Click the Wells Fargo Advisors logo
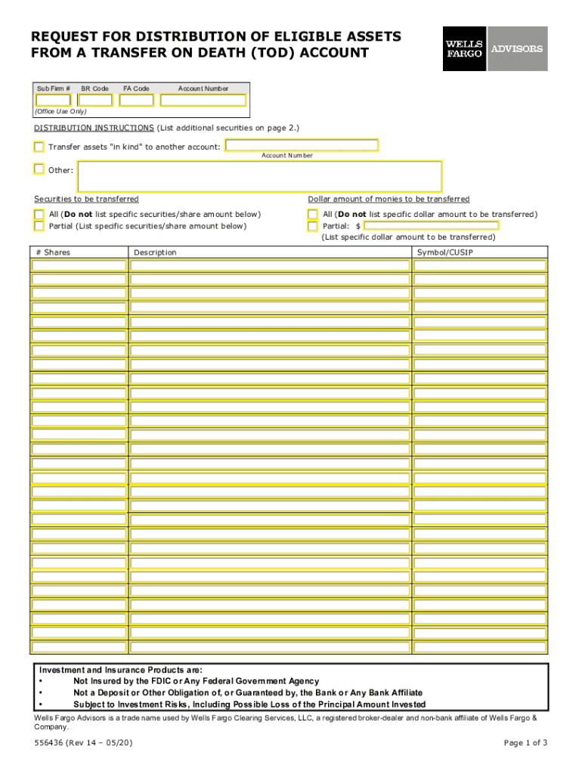click(x=494, y=48)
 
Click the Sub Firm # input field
click(x=53, y=100)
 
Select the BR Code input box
click(x=95, y=100)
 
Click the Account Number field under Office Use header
click(x=203, y=100)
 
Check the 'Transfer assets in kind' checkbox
click(x=39, y=146)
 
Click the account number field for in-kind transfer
click(x=302, y=145)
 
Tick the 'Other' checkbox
click(x=39, y=169)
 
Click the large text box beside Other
click(x=259, y=175)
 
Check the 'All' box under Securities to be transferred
click(x=39, y=215)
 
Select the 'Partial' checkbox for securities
click(x=39, y=225)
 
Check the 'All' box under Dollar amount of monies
click(x=313, y=215)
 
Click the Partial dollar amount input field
click(x=431, y=225)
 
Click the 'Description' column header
click(x=155, y=252)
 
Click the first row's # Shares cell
click(x=79, y=265)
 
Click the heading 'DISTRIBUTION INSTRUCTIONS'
click(x=94, y=128)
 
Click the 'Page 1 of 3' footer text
click(x=525, y=743)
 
